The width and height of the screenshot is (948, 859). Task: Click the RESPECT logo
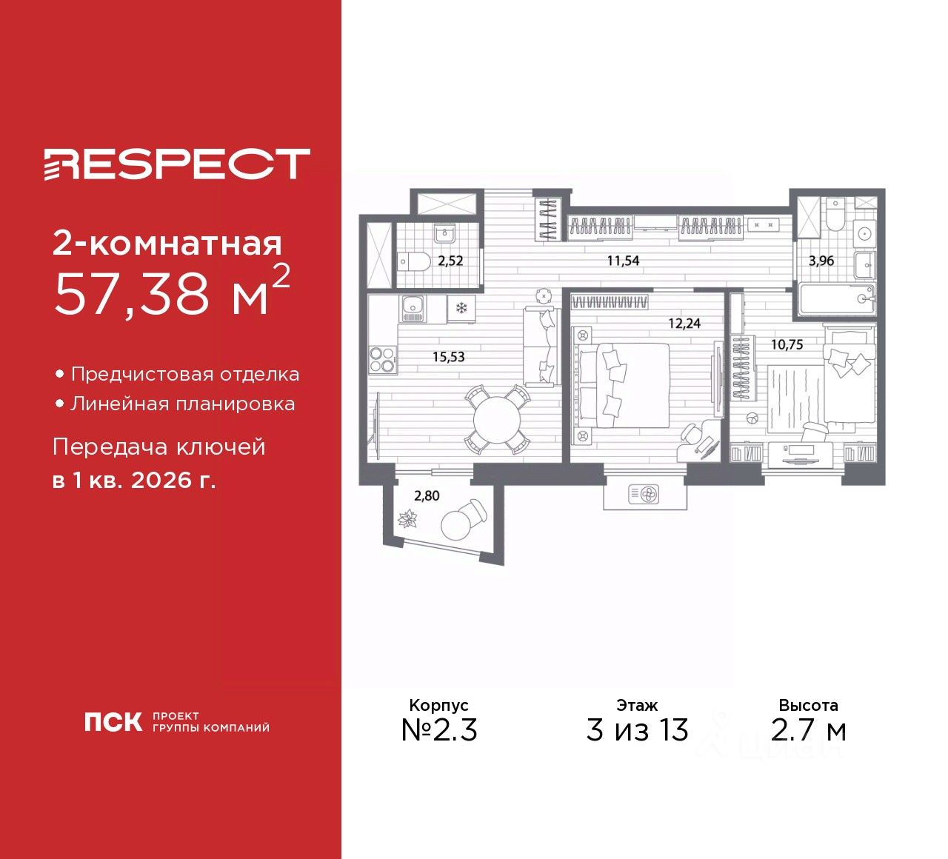coord(176,164)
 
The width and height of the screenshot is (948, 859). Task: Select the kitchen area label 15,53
coord(448,357)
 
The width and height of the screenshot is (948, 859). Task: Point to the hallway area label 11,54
coord(623,261)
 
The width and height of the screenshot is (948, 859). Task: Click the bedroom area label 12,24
coord(684,324)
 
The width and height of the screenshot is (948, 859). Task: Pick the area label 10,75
coord(787,344)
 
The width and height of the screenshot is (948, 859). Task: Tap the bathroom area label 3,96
coord(821,261)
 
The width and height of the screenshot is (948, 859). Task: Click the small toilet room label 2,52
coord(450,261)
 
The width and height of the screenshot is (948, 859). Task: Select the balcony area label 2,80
coord(427,496)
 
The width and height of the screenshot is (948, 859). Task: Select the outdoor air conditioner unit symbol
coord(643,494)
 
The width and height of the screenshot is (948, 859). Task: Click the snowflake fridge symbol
coord(461,307)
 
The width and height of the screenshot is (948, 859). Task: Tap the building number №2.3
coord(439,730)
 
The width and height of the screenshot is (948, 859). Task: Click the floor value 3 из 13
coord(637,730)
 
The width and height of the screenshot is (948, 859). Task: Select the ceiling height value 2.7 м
coord(808,730)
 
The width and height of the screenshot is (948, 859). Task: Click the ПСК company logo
coord(113,722)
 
